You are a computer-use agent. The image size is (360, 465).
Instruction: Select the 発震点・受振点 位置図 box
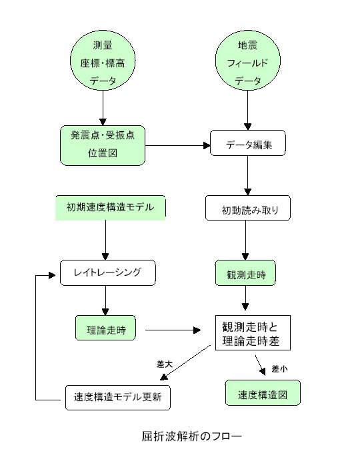[x=103, y=145]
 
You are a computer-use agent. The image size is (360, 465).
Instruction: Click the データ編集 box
[x=248, y=143]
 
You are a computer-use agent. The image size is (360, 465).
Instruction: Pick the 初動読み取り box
[x=248, y=208]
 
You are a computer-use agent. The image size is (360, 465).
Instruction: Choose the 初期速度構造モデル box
[x=111, y=208]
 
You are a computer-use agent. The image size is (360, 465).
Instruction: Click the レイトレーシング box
[x=108, y=273]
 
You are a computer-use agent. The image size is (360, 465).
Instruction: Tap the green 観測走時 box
[x=245, y=273]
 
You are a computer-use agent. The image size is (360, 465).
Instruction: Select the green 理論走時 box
[x=105, y=328]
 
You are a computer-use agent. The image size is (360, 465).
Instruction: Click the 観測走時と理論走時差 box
[x=253, y=332]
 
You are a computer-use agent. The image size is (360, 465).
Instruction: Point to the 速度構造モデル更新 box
[x=118, y=398]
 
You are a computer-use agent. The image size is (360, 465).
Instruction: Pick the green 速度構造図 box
[x=263, y=392]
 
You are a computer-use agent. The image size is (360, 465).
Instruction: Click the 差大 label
[x=165, y=364]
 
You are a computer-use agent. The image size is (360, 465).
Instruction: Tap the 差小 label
[x=279, y=369]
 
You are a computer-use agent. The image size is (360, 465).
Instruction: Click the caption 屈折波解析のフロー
[x=192, y=436]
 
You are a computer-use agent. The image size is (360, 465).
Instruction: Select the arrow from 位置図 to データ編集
[x=178, y=146]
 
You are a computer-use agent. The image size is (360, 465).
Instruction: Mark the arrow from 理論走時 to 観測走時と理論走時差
[x=173, y=330]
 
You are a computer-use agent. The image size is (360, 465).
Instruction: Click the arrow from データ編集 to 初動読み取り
[x=248, y=176]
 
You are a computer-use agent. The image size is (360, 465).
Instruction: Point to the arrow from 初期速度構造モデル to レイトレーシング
[x=105, y=240]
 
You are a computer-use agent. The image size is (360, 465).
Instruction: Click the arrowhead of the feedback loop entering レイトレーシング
[x=52, y=276]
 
